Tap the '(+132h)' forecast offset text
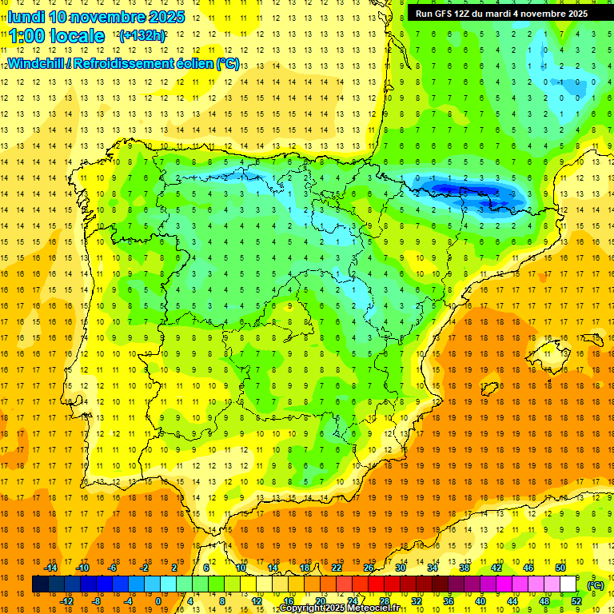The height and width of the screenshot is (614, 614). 142,35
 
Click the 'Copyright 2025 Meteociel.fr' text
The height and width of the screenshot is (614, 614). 340,608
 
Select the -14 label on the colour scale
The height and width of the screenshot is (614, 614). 50,568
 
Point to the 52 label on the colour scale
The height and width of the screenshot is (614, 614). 576,601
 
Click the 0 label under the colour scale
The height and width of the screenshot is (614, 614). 157,601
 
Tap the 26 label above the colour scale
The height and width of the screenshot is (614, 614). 369,568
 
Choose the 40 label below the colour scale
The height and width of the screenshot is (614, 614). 480,601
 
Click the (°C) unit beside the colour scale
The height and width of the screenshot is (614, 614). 595,585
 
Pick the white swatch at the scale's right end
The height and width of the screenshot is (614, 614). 568,584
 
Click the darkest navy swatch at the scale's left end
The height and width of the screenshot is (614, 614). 40,584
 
